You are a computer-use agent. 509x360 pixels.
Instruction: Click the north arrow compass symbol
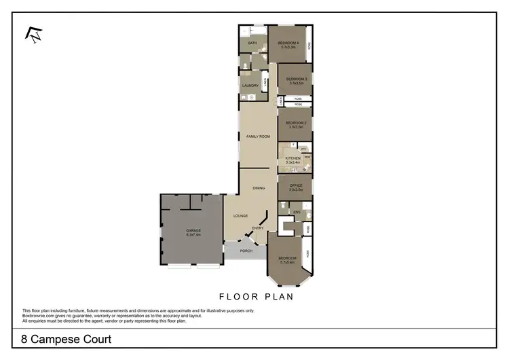(x=34, y=35)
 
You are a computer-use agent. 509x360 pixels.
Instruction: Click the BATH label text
(x=252, y=43)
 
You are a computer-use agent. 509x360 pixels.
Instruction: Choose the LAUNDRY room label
(x=250, y=86)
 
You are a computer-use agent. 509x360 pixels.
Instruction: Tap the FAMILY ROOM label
(x=259, y=137)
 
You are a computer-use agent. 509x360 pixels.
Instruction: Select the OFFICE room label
(x=296, y=187)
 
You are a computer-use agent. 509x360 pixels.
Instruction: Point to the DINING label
(x=259, y=188)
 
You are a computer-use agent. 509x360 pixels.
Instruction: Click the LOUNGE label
(x=240, y=216)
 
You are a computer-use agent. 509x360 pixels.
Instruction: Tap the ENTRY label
(x=258, y=228)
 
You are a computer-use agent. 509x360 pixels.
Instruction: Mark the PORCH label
(x=246, y=251)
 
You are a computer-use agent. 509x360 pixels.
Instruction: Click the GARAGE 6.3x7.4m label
(x=193, y=232)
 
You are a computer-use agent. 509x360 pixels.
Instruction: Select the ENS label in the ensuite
(x=296, y=213)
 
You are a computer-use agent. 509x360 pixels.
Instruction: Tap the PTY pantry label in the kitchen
(x=304, y=148)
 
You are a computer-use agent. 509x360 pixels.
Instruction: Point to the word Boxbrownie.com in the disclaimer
(x=40, y=315)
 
